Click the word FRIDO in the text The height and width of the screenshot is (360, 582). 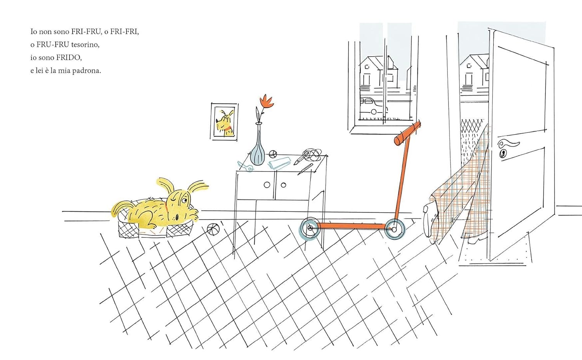pos(68,57)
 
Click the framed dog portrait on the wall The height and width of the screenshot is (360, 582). pos(224,122)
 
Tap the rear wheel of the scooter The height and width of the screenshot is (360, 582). pos(309,228)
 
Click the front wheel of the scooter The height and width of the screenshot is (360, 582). pos(395,229)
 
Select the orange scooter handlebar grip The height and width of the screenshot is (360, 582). pos(407,133)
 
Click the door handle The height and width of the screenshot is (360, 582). pos(509,144)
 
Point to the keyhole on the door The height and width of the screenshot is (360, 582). pos(503,154)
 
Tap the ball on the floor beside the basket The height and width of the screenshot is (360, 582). pos(212,229)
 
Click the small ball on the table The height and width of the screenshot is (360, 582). pos(273,154)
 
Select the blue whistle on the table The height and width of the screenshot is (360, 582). pos(246,166)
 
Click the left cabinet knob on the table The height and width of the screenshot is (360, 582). pos(267,185)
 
